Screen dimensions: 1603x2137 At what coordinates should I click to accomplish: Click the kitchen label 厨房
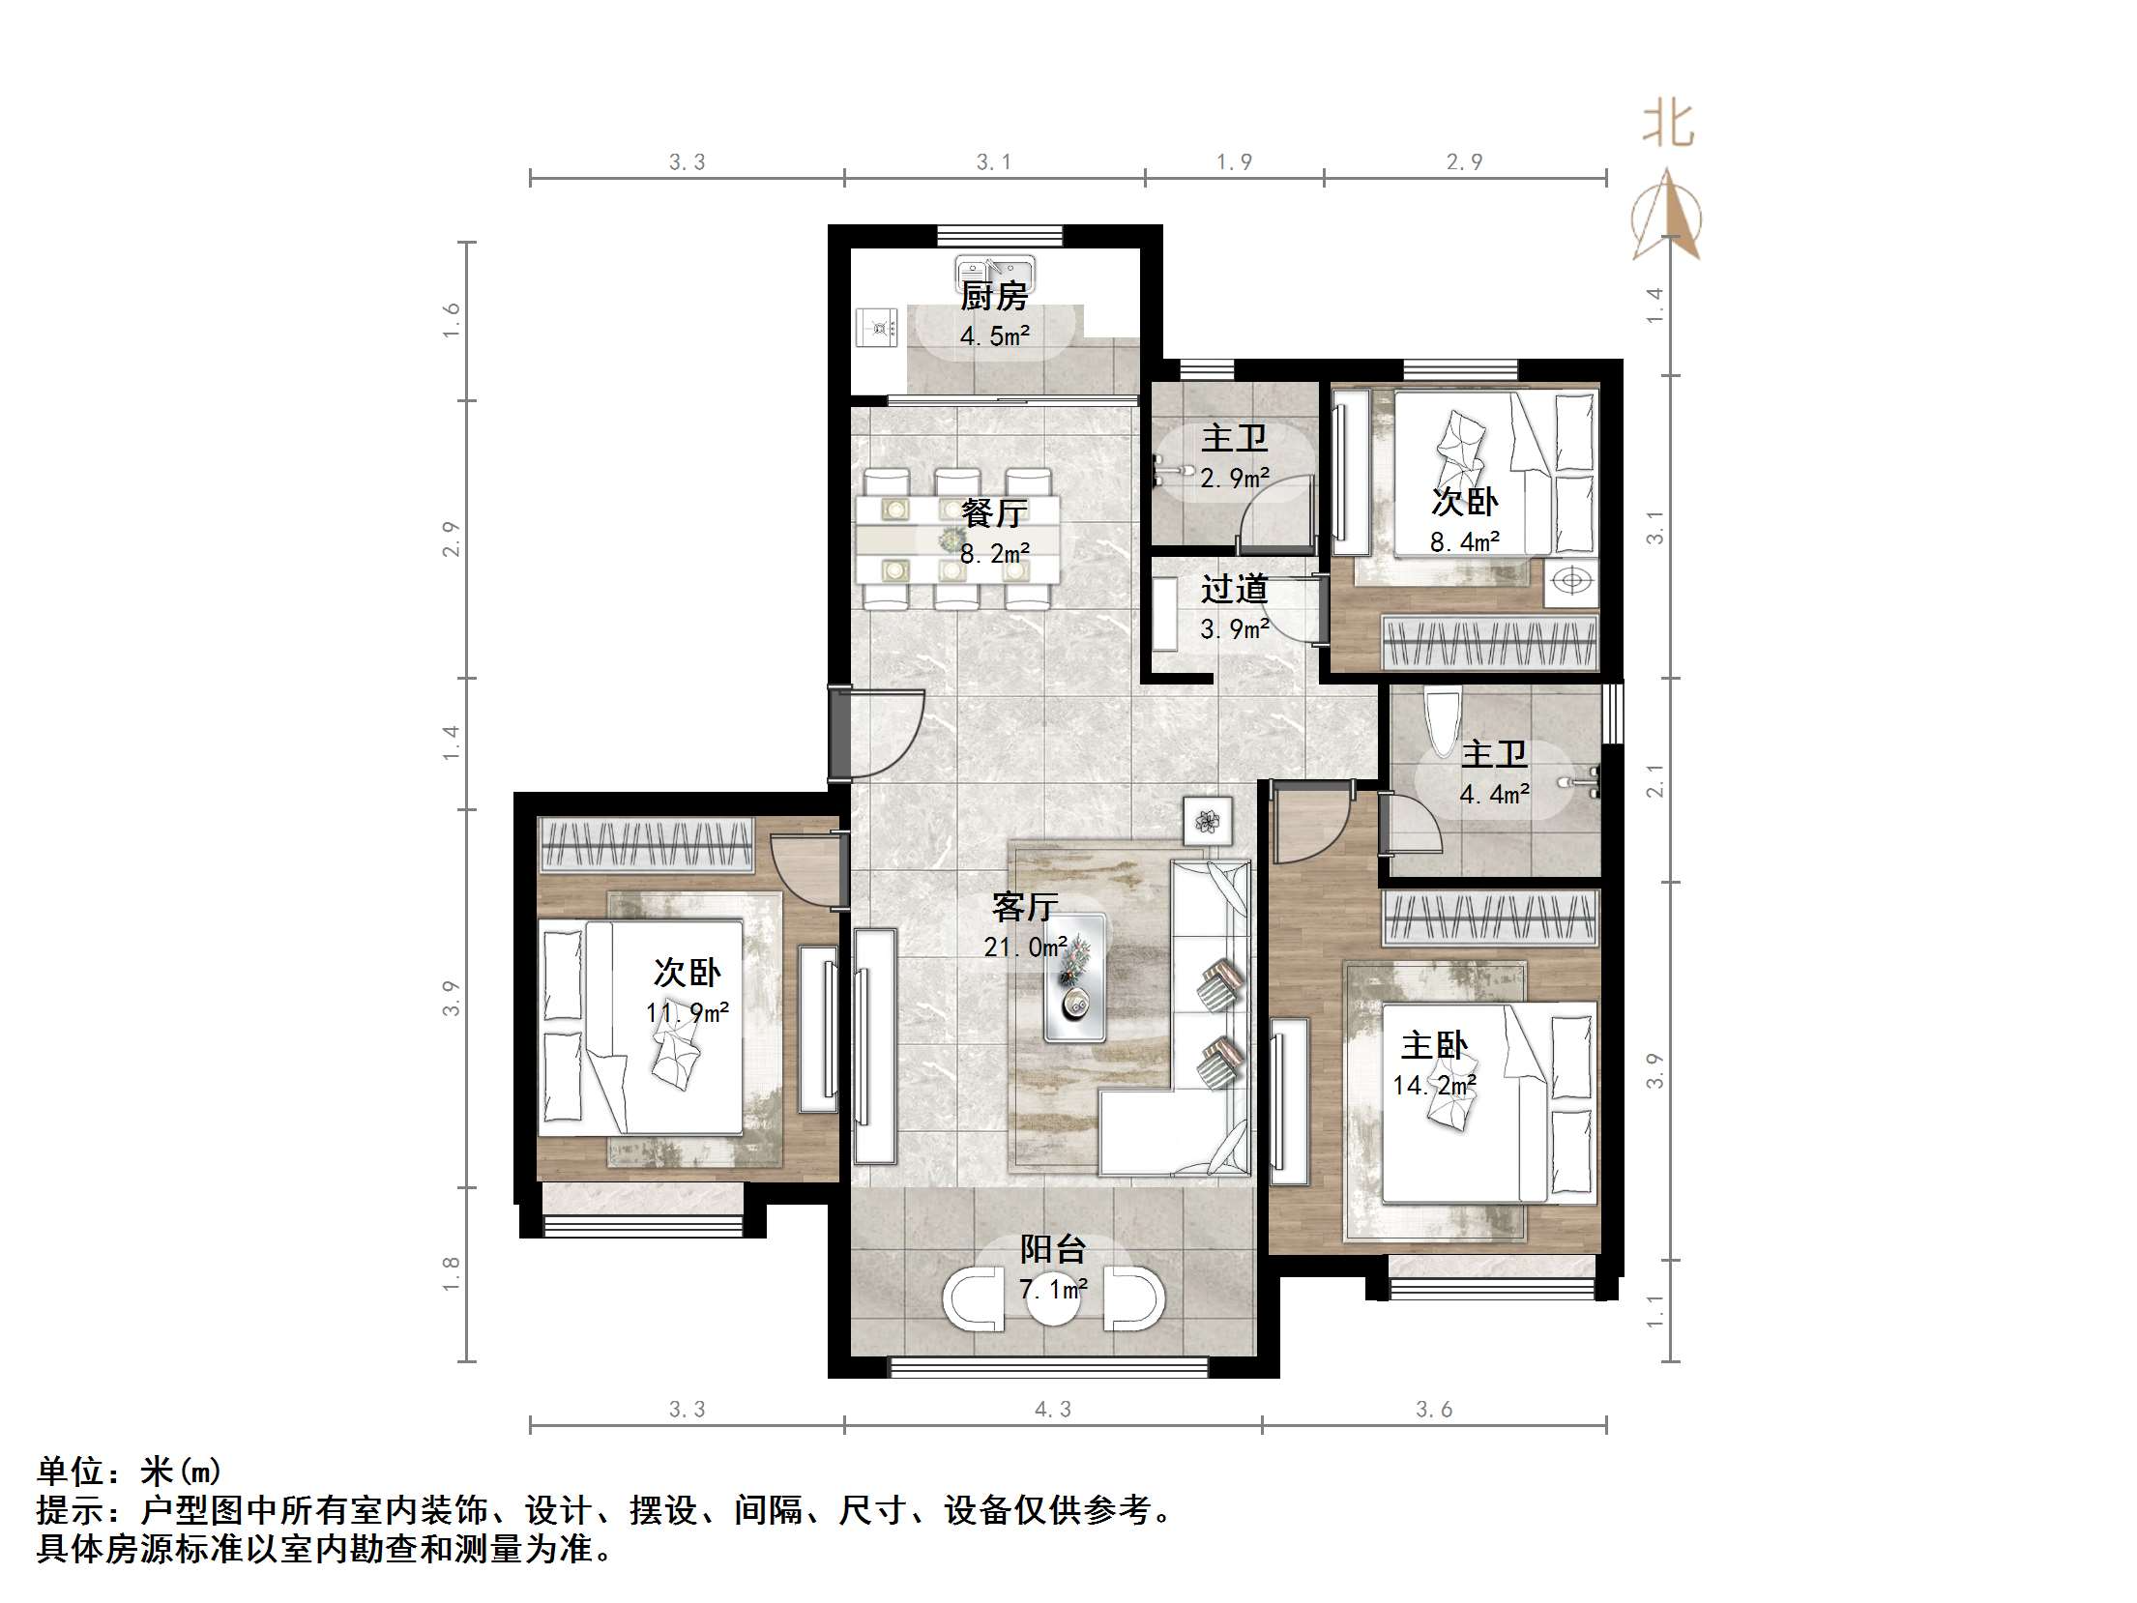point(994,297)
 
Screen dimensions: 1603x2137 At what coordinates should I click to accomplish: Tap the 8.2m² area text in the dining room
point(994,554)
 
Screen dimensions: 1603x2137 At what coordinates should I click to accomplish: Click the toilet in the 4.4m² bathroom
point(1442,722)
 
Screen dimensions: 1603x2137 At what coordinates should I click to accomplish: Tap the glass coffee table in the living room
point(1074,977)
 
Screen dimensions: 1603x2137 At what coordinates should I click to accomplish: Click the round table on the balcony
point(1053,1297)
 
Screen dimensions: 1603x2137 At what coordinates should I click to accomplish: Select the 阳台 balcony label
point(1053,1250)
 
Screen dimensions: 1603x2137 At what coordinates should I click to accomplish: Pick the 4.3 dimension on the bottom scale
point(1053,1410)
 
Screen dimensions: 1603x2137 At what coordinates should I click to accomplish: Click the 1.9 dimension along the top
point(1234,162)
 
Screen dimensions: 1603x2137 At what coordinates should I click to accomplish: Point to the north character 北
point(1668,125)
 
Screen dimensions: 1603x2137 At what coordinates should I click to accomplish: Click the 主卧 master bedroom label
point(1434,1046)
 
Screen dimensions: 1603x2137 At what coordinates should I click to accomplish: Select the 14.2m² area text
point(1434,1086)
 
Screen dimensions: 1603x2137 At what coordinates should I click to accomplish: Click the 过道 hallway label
point(1234,589)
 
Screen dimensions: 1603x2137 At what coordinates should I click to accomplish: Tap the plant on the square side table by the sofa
point(1207,822)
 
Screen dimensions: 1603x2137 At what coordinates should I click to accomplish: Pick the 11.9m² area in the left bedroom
point(687,1013)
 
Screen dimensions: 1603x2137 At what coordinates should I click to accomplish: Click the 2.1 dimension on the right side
point(1654,780)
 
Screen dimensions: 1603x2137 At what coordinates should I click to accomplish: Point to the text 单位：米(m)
point(130,1472)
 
